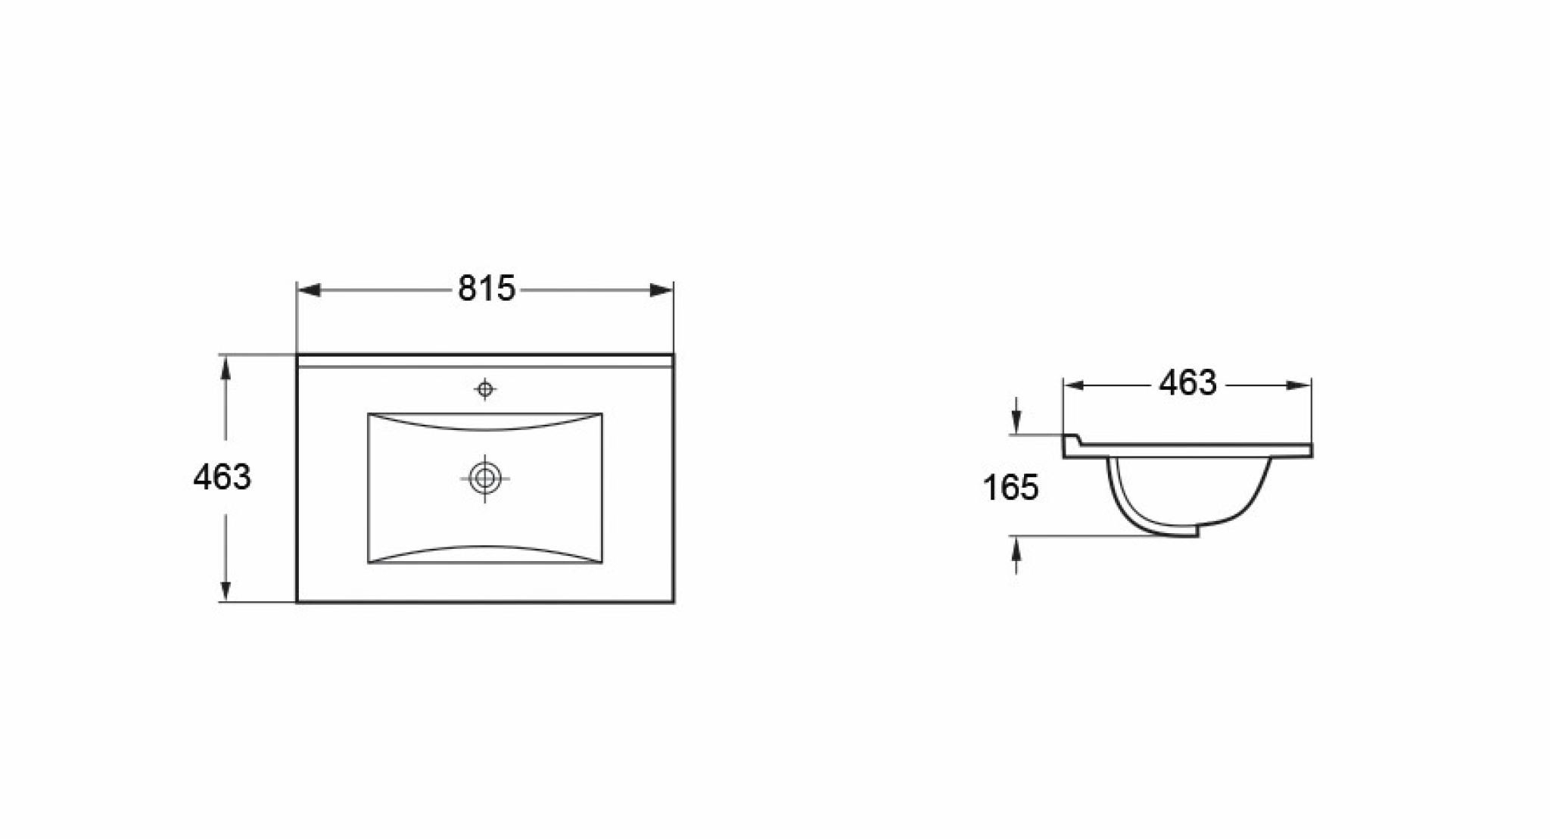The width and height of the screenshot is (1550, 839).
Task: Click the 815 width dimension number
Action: [486, 289]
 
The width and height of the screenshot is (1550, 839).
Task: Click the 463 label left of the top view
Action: [222, 477]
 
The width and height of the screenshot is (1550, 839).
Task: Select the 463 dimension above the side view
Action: [1187, 383]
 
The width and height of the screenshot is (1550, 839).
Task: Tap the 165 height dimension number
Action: [1011, 488]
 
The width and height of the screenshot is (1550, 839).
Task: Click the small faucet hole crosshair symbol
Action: [485, 389]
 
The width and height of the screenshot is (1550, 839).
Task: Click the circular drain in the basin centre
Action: [485, 478]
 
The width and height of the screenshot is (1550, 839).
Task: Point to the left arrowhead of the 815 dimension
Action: [309, 290]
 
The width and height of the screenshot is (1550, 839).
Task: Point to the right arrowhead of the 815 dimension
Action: [661, 290]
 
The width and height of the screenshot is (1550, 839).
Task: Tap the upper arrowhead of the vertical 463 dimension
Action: [225, 367]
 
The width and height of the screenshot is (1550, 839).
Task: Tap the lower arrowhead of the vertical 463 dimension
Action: [225, 590]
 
